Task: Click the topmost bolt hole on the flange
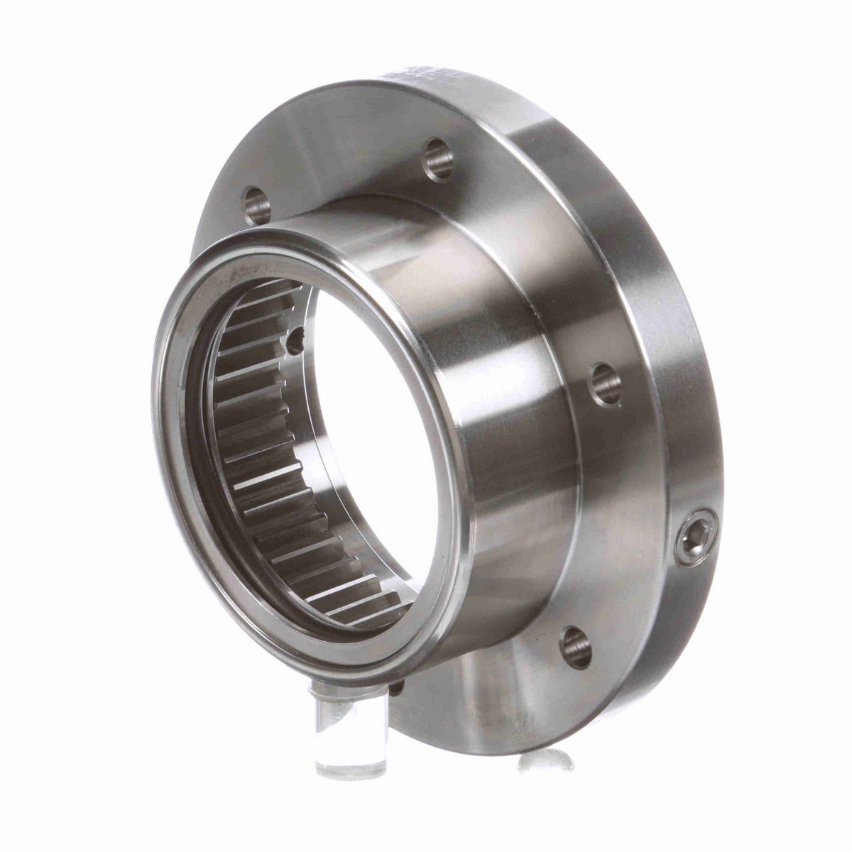pyautogui.click(x=438, y=160)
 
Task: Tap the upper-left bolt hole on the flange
pyautogui.click(x=256, y=204)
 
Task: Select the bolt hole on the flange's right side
pyautogui.click(x=606, y=385)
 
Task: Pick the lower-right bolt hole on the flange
pyautogui.click(x=575, y=647)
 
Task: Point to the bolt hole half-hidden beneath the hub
pyautogui.click(x=396, y=687)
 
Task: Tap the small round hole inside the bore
pyautogui.click(x=295, y=343)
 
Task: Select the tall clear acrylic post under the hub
pyautogui.click(x=350, y=731)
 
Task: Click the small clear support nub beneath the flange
pyautogui.click(x=545, y=760)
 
